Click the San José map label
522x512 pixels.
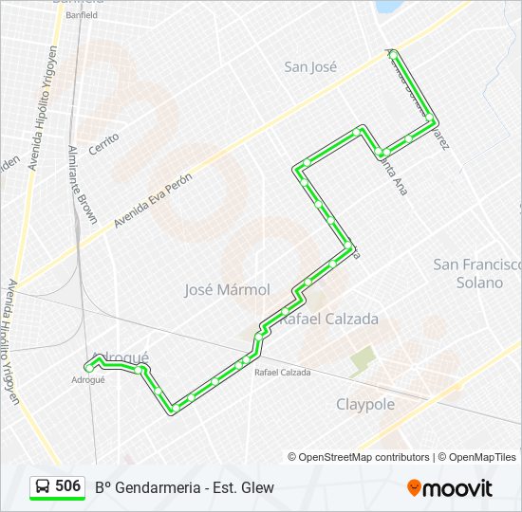tap(311, 66)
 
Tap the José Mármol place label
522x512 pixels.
tap(227, 289)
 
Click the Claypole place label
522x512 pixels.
tap(365, 404)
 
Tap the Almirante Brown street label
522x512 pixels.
tap(83, 185)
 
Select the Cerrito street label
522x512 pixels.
tap(103, 145)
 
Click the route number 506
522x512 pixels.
tap(67, 486)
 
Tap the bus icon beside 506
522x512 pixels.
tap(44, 487)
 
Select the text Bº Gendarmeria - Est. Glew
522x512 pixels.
tap(184, 487)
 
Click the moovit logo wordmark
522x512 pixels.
tap(458, 488)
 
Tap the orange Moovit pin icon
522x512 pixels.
tap(414, 487)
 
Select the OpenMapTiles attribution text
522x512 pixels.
tap(482, 457)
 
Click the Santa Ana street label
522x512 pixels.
tap(392, 175)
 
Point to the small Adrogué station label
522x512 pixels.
tap(88, 379)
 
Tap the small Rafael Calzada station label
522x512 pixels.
tap(282, 373)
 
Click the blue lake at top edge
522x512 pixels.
tap(388, 6)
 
